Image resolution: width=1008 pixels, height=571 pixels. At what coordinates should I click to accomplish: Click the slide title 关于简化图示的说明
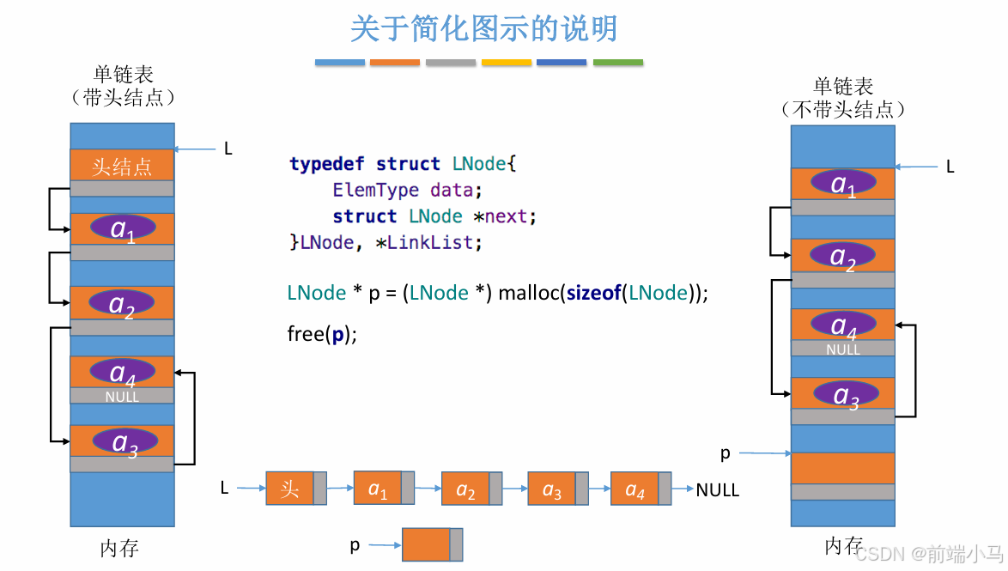coord(483,29)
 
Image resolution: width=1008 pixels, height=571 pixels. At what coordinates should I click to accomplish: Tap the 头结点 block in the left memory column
coord(122,166)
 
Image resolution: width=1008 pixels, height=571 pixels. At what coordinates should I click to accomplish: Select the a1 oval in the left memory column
coord(122,228)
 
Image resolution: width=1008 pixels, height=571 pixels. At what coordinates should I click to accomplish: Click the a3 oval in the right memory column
coord(846,395)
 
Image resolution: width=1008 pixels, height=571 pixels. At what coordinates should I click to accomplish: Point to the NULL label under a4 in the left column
coord(122,397)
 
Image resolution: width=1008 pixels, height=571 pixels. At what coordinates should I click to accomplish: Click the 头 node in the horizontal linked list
coord(289,489)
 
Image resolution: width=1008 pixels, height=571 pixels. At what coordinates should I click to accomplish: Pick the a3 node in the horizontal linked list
coord(551,489)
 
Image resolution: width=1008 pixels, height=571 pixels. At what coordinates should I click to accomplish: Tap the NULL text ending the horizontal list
coord(718,490)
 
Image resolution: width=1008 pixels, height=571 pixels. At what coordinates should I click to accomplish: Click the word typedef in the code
coord(327,163)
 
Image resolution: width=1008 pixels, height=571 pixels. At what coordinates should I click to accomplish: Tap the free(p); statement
coord(322,333)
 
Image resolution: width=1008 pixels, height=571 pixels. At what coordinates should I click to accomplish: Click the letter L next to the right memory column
coord(950,167)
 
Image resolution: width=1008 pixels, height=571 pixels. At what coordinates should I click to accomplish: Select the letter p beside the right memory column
coord(726,453)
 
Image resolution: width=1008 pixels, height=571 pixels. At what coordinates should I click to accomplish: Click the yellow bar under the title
coord(507,63)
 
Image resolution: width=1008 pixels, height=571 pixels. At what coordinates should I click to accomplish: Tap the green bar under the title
coord(618,63)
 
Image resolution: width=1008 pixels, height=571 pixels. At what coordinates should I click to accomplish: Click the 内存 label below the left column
coord(119,549)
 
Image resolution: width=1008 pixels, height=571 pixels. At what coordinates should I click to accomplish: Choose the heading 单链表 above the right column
coord(843,87)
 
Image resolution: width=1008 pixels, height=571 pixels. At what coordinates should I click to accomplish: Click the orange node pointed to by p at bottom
coord(426,544)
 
